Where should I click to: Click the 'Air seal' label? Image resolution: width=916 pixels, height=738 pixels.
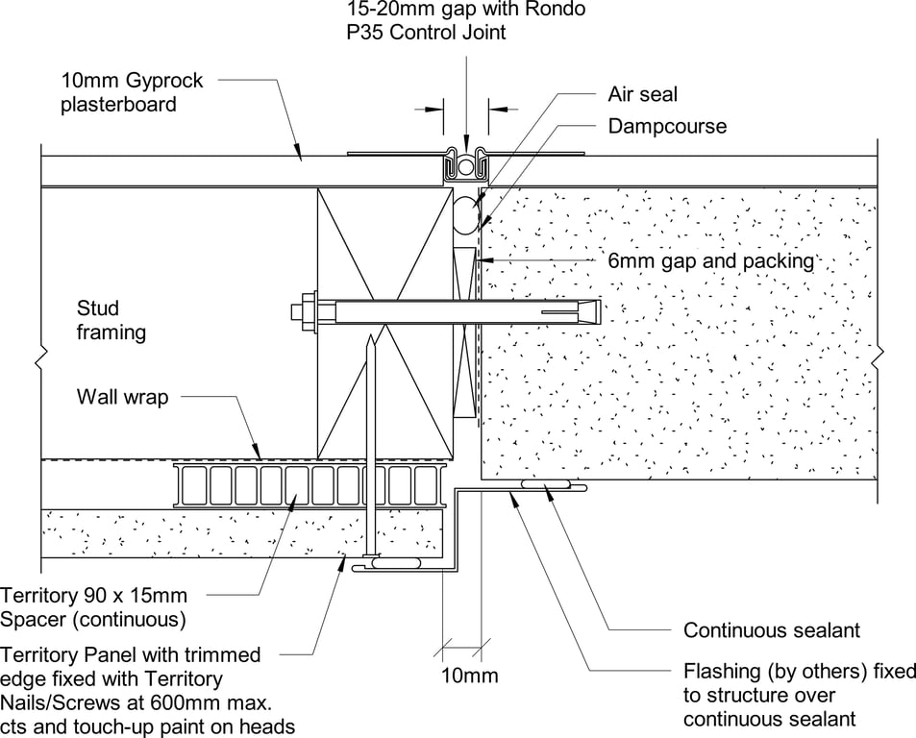[x=642, y=94]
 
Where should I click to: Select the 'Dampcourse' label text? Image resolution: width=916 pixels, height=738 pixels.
[x=667, y=126]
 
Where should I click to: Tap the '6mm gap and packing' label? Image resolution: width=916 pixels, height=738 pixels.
[x=710, y=260]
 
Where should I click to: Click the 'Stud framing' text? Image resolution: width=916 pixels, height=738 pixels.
[x=111, y=320]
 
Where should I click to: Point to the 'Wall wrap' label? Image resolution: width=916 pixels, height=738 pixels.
[x=122, y=396]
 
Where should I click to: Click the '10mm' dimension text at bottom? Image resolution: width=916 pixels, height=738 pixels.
[x=469, y=676]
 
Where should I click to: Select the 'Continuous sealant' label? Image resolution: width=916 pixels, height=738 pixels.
[x=771, y=630]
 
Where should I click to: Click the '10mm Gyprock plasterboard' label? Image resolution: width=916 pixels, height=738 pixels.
[x=133, y=92]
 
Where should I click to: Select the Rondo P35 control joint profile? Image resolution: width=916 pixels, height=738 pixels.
[x=466, y=166]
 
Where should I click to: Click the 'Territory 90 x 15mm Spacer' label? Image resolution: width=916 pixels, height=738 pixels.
[x=94, y=607]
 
